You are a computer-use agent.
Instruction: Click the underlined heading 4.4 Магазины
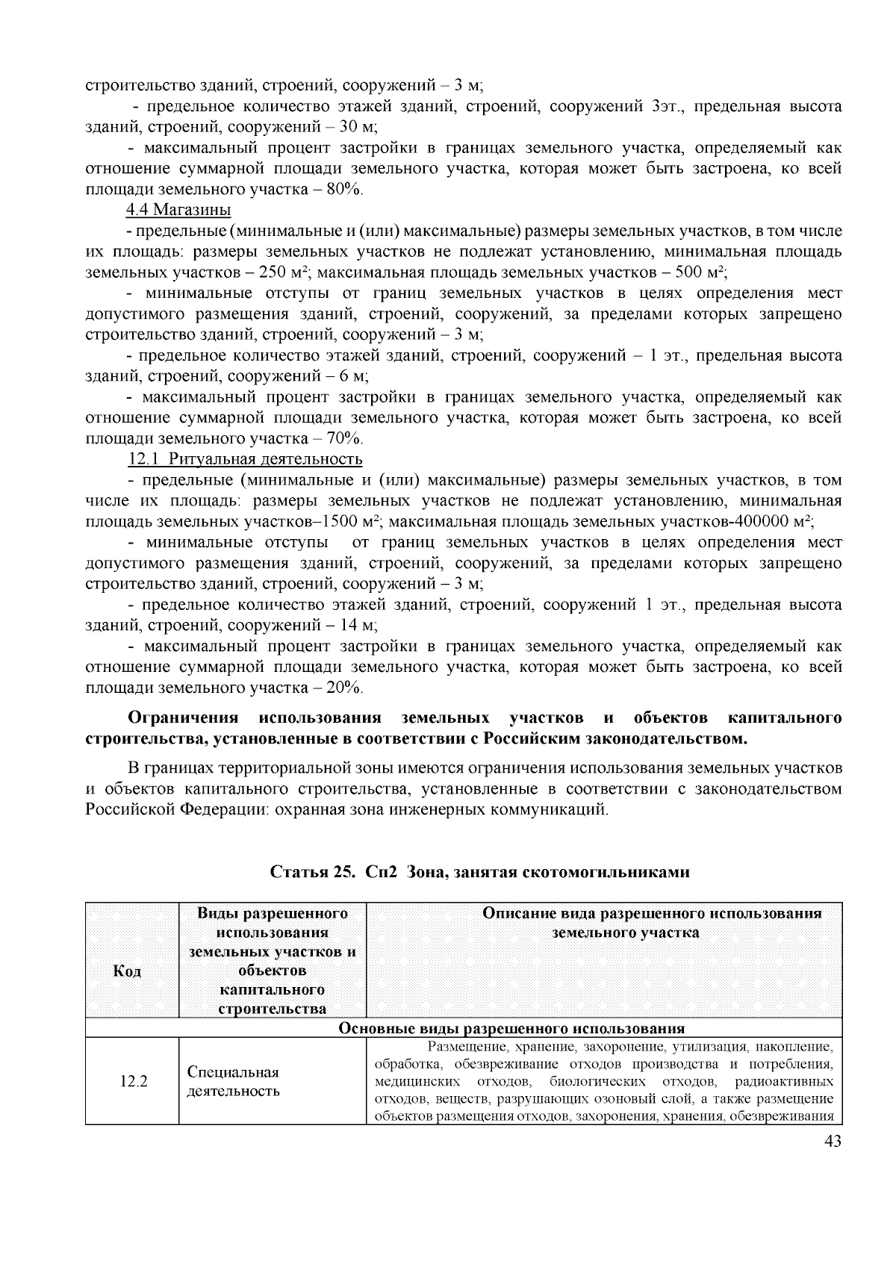pos(178,210)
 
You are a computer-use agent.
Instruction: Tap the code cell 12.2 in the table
pos(134,1081)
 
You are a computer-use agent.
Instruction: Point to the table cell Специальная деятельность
pos(233,1081)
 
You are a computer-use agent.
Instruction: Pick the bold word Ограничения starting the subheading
pos(183,718)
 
